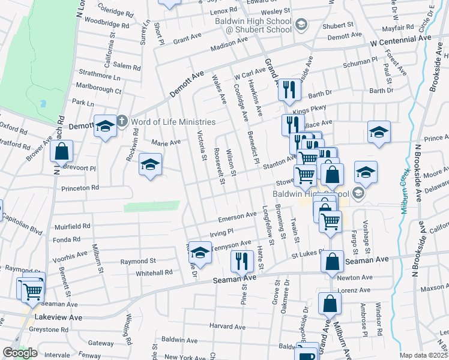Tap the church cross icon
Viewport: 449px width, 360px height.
point(121,121)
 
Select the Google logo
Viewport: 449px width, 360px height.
point(20,353)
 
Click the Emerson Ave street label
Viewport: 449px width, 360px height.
point(238,216)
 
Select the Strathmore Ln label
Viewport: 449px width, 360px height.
point(100,76)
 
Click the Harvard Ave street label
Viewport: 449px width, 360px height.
point(228,327)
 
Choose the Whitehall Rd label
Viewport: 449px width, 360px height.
point(155,272)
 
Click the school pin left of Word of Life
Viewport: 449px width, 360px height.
point(104,127)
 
